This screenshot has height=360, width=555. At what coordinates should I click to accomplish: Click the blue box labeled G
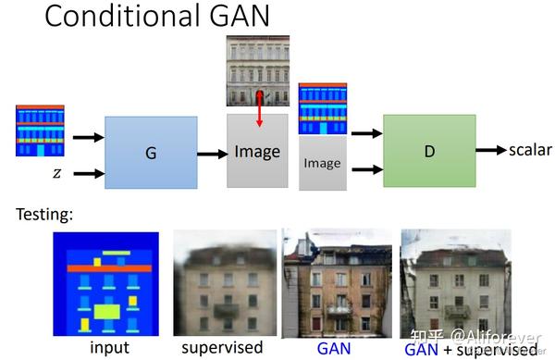151,152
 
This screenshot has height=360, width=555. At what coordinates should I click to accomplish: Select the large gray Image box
257,152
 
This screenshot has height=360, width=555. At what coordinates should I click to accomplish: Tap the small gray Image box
321,163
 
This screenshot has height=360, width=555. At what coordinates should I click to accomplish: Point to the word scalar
528,149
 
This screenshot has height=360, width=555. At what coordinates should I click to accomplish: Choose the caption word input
109,348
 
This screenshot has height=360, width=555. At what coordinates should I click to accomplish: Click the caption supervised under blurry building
222,348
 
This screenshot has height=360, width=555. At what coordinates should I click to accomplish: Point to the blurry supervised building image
225,283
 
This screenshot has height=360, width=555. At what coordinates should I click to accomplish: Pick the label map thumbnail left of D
321,108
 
